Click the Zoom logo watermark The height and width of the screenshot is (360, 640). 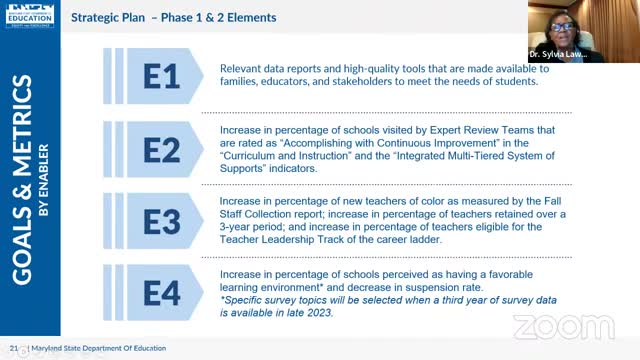click(x=549, y=325)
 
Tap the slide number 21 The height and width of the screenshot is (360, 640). click(x=14, y=347)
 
